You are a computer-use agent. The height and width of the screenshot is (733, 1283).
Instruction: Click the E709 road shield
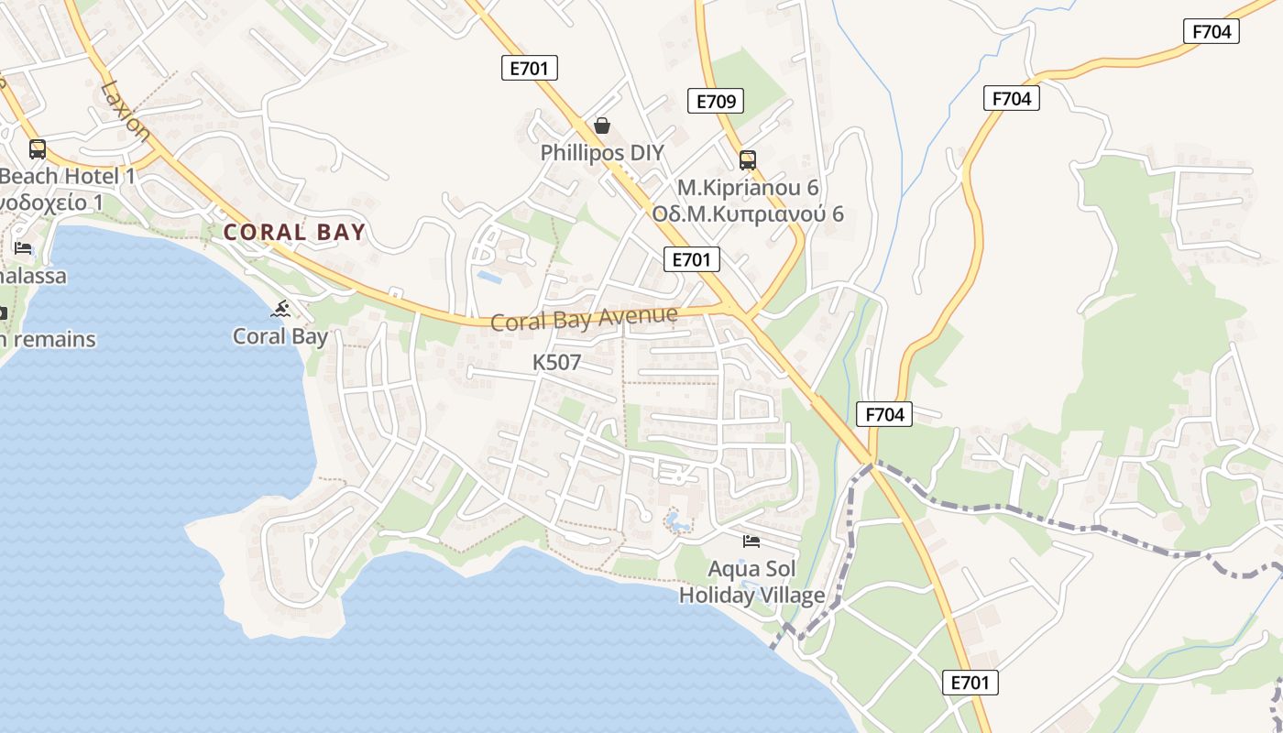tap(715, 101)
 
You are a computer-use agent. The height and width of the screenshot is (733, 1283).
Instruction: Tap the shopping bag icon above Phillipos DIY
tap(602, 126)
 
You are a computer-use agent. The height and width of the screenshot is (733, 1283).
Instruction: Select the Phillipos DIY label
tap(602, 153)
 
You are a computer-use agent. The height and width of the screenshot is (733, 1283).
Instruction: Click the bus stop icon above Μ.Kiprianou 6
tap(748, 160)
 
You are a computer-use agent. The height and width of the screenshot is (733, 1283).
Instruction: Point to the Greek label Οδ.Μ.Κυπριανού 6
tap(748, 214)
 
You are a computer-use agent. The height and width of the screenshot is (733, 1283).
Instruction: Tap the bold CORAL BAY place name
tap(294, 233)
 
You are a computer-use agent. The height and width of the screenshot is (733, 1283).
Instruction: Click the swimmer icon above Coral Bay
tap(280, 310)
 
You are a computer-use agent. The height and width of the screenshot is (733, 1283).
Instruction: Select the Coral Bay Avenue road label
tap(584, 319)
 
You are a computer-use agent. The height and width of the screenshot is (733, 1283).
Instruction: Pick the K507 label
tap(556, 363)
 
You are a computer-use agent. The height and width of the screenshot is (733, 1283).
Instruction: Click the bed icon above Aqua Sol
tap(751, 542)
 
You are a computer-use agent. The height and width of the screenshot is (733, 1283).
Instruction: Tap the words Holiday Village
tap(751, 596)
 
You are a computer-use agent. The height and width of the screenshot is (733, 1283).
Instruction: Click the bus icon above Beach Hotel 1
tap(38, 148)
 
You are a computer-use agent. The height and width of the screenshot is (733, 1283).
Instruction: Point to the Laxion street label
tap(126, 109)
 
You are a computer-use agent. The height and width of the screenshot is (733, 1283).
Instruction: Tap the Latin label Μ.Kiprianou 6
tap(748, 188)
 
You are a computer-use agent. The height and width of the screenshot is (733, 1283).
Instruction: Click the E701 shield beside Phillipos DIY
tap(530, 67)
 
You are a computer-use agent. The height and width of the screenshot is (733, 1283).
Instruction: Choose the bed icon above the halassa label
tap(23, 248)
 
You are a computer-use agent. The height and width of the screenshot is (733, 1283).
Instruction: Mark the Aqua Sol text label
tap(751, 569)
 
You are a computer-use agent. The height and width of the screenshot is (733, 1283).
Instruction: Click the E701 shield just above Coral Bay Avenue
tap(691, 259)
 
